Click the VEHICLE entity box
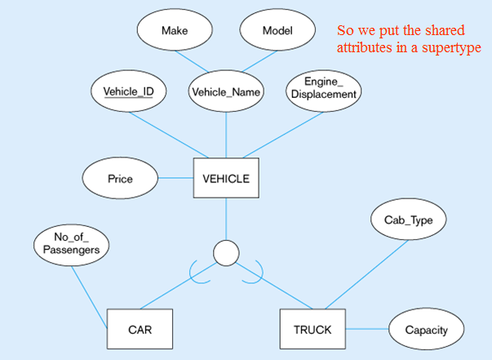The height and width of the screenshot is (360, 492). point(225,177)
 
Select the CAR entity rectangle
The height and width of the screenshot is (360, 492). point(140,330)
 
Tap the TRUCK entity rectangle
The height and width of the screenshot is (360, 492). point(312,330)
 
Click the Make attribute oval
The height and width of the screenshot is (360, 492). point(175,30)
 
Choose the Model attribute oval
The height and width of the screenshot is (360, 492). point(277,30)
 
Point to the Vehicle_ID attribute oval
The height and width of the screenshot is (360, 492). point(129,91)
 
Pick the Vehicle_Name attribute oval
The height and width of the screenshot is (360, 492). point(226,91)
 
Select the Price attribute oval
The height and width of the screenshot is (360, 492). point(120,177)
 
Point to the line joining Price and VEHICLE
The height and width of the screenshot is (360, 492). point(175,177)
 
